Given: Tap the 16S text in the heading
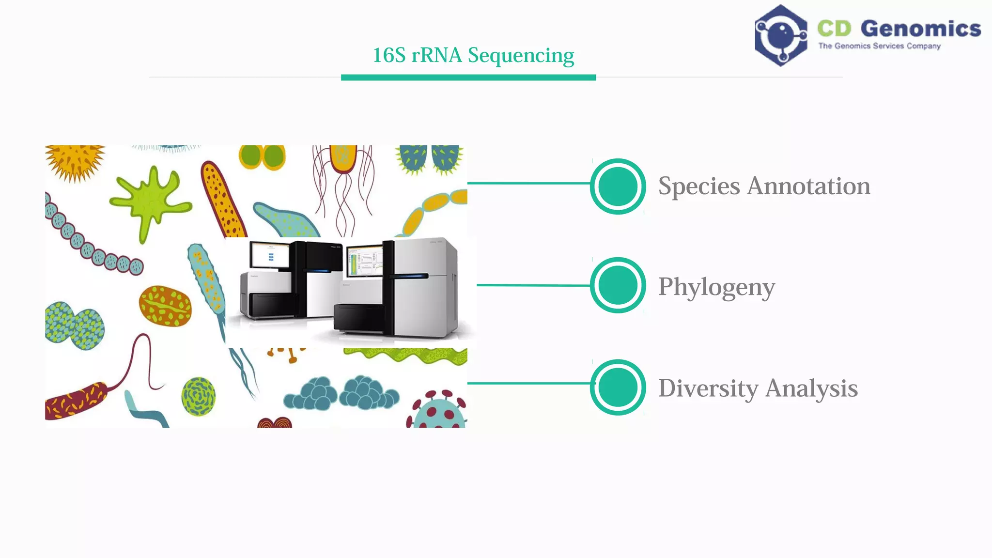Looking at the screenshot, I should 389,55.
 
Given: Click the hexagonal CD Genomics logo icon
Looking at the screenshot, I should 780,35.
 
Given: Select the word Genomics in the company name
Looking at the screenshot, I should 920,29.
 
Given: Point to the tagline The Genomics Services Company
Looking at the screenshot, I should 879,46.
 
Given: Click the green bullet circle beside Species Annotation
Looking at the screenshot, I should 618,186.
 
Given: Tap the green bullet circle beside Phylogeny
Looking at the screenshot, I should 618,285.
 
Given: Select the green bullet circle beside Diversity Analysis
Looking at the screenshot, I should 618,387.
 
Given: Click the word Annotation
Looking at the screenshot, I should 808,186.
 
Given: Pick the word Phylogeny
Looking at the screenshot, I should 716,287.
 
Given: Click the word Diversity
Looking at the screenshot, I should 708,388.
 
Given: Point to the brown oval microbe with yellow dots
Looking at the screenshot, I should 165,306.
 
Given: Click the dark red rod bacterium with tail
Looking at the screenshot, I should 75,401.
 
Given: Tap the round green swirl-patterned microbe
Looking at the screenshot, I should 199,396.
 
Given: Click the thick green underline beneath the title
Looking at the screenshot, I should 468,77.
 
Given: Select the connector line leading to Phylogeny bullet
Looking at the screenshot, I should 533,285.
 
